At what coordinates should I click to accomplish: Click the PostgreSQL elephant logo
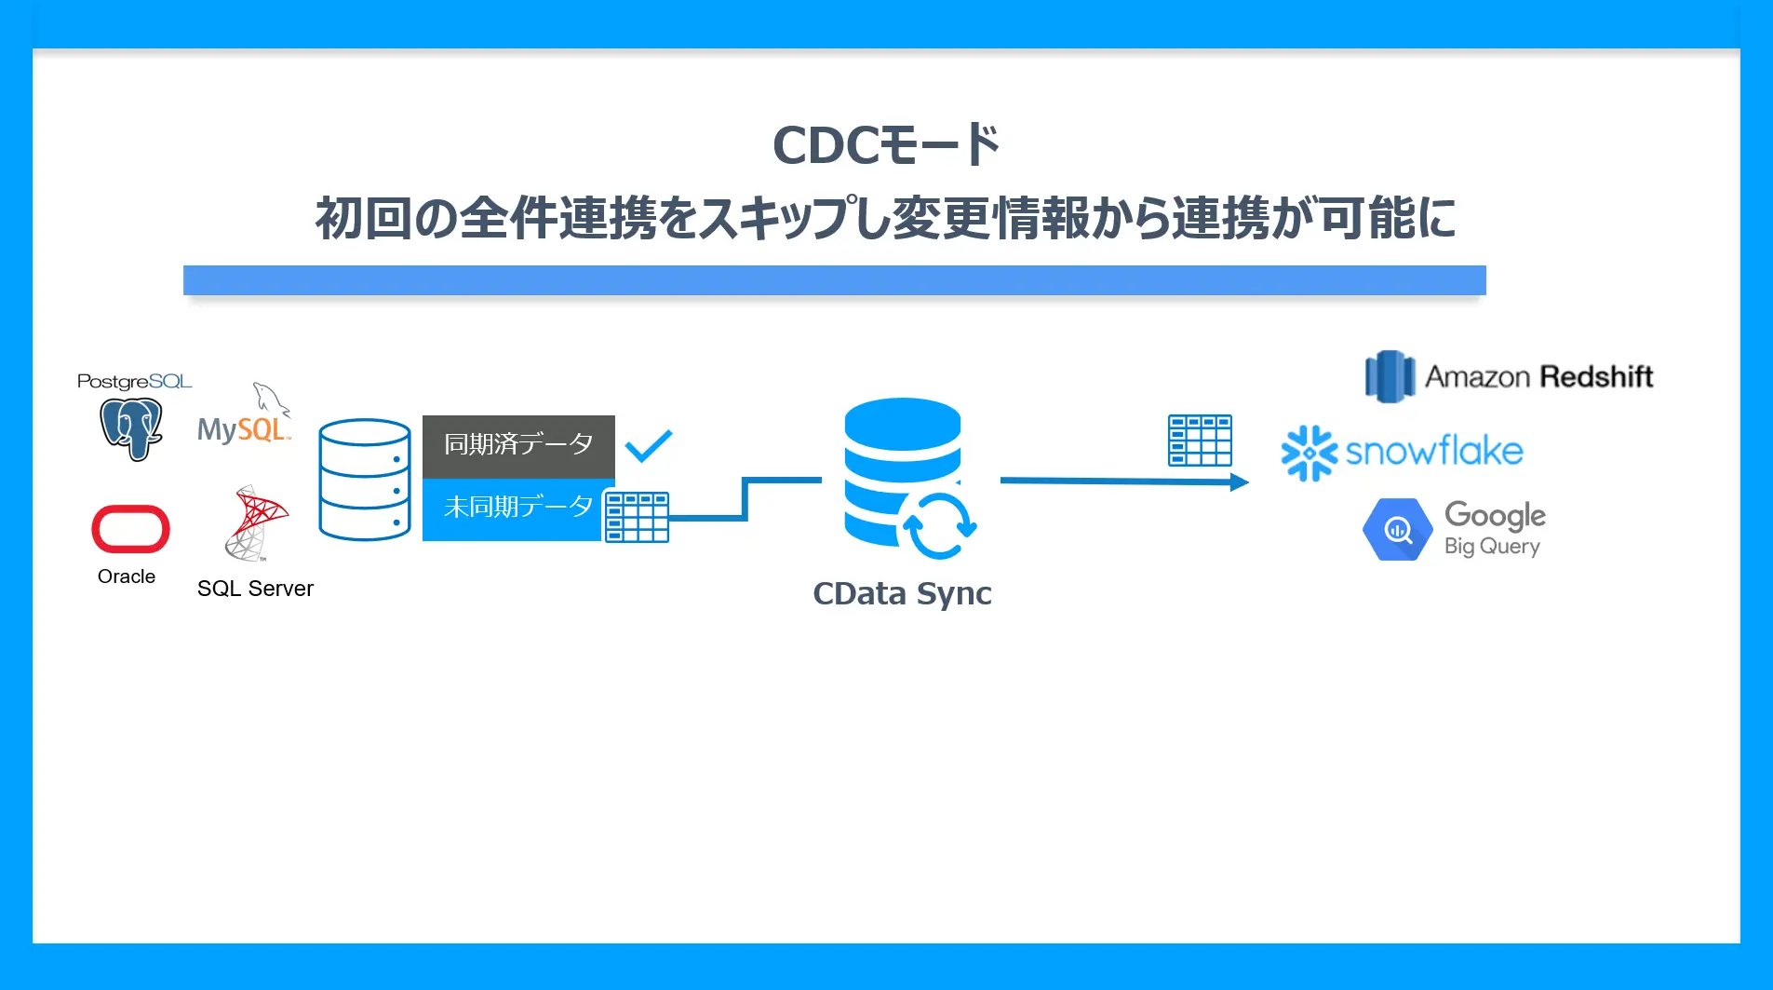point(131,428)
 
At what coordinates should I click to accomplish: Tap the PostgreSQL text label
point(134,382)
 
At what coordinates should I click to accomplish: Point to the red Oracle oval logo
point(130,529)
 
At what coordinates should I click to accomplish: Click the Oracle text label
point(127,576)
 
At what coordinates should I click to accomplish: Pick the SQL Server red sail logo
point(256,522)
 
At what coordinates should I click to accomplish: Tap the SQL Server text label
point(255,589)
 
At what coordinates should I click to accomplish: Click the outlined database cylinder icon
point(364,480)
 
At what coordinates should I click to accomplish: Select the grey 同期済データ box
point(518,445)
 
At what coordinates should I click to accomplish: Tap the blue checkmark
point(649,446)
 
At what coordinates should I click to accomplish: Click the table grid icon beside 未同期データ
point(637,517)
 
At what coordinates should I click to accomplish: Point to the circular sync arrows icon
point(938,525)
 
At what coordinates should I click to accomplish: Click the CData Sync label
point(902,594)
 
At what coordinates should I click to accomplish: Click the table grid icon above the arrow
point(1200,441)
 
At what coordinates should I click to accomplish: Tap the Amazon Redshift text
point(1538,377)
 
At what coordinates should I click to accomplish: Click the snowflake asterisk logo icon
point(1309,454)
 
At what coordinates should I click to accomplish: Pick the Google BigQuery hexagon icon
point(1397,530)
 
